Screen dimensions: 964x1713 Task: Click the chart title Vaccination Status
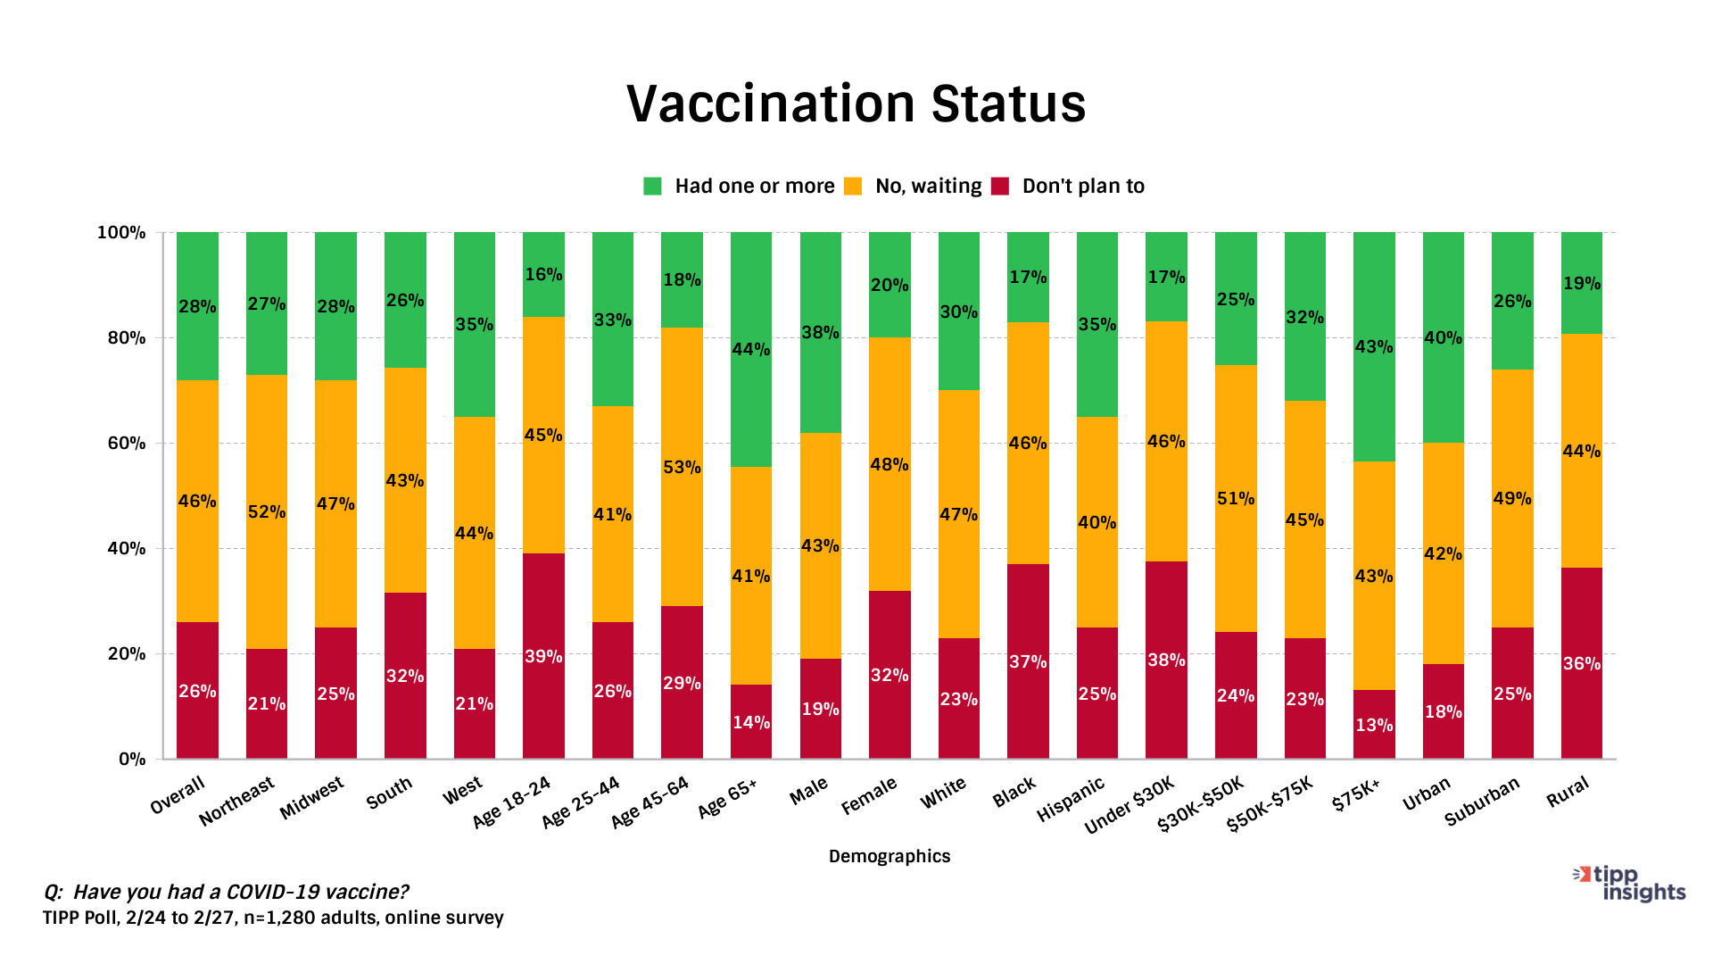point(856,104)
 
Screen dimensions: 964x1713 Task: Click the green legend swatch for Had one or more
point(652,187)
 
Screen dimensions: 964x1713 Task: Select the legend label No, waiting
point(928,187)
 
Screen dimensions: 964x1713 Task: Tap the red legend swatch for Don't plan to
point(1000,187)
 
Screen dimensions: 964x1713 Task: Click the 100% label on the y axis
point(121,233)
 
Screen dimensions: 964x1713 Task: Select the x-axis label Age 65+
point(728,796)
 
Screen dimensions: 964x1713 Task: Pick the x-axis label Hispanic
point(1071,799)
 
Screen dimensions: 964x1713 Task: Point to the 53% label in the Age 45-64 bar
point(682,468)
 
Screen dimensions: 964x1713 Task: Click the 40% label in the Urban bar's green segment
point(1443,338)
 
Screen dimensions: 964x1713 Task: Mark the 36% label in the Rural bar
point(1581,664)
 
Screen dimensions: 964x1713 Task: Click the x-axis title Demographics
point(890,857)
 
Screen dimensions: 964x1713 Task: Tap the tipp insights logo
point(1631,883)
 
